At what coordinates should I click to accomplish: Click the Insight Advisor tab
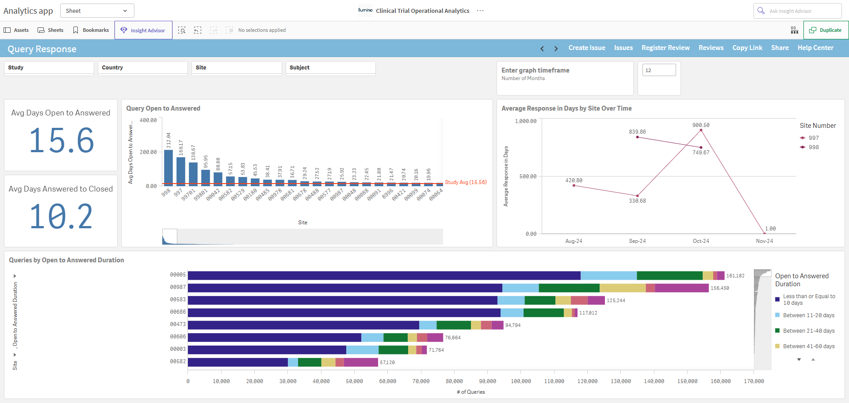(143, 30)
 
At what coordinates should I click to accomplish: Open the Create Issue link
(587, 48)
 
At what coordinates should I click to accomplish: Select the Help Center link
(815, 48)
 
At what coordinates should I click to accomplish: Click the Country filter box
(143, 68)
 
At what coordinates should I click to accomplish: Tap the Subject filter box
(331, 68)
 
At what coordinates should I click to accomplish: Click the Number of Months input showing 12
(659, 70)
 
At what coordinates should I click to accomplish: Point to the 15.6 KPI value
(61, 141)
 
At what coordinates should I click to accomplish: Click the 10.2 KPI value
(61, 217)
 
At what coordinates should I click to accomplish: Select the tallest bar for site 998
(168, 167)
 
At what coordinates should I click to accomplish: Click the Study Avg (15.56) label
(466, 182)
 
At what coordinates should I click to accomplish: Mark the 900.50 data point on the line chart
(701, 130)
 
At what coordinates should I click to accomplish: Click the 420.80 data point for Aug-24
(574, 185)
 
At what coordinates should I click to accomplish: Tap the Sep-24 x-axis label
(637, 241)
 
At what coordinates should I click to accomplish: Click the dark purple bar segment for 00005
(384, 276)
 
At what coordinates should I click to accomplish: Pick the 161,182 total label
(735, 276)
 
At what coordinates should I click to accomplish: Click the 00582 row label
(178, 361)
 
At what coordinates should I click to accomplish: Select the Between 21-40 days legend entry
(805, 331)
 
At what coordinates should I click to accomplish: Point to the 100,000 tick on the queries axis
(521, 381)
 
